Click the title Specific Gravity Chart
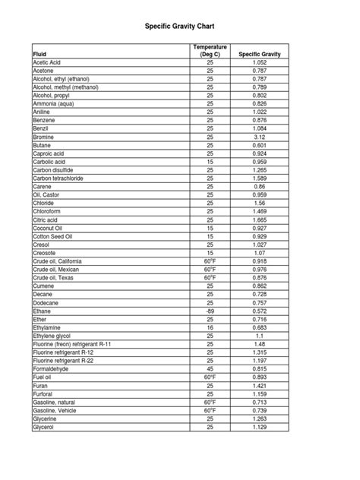[179, 25]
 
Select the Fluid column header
[39, 54]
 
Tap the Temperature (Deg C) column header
[210, 50]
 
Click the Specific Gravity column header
[260, 54]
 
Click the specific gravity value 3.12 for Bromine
[260, 136]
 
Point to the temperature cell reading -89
[210, 311]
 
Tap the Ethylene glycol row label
[53, 336]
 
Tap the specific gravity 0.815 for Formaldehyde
[260, 369]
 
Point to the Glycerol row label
[44, 427]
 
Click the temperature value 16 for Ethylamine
[210, 328]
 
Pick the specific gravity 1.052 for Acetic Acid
[260, 62]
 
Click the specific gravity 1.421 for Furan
[260, 386]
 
